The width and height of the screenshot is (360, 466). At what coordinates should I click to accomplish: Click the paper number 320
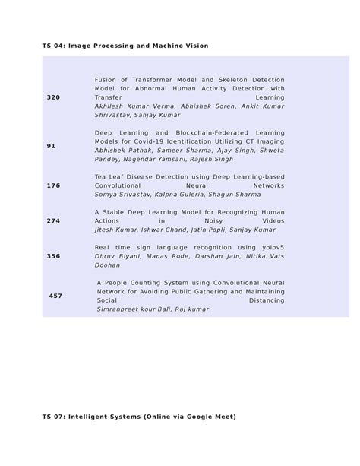(53, 98)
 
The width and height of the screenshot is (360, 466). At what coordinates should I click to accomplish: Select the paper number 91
(51, 146)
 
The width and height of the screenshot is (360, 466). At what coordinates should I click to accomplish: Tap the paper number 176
(53, 185)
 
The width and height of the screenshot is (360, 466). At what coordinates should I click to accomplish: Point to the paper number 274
(53, 220)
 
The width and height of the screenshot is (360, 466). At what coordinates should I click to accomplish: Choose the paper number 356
(53, 256)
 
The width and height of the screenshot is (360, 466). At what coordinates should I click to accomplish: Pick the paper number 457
(55, 296)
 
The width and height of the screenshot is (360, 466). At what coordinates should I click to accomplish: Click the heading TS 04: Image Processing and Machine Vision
(125, 46)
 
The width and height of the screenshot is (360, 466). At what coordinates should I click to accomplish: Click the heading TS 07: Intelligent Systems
(139, 417)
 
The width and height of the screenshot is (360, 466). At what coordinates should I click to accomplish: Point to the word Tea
(102, 176)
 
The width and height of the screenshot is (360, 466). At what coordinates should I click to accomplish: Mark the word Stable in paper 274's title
(116, 211)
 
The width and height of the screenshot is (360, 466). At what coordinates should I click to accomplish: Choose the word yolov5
(270, 247)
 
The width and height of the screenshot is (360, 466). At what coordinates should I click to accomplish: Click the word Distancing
(267, 300)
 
